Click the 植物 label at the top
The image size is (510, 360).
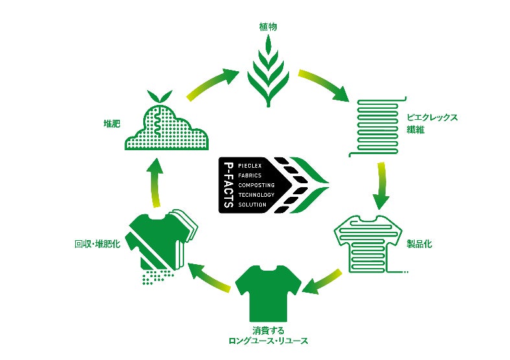click(x=268, y=27)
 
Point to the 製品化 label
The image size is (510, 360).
click(x=419, y=244)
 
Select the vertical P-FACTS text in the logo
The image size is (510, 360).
click(x=227, y=185)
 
